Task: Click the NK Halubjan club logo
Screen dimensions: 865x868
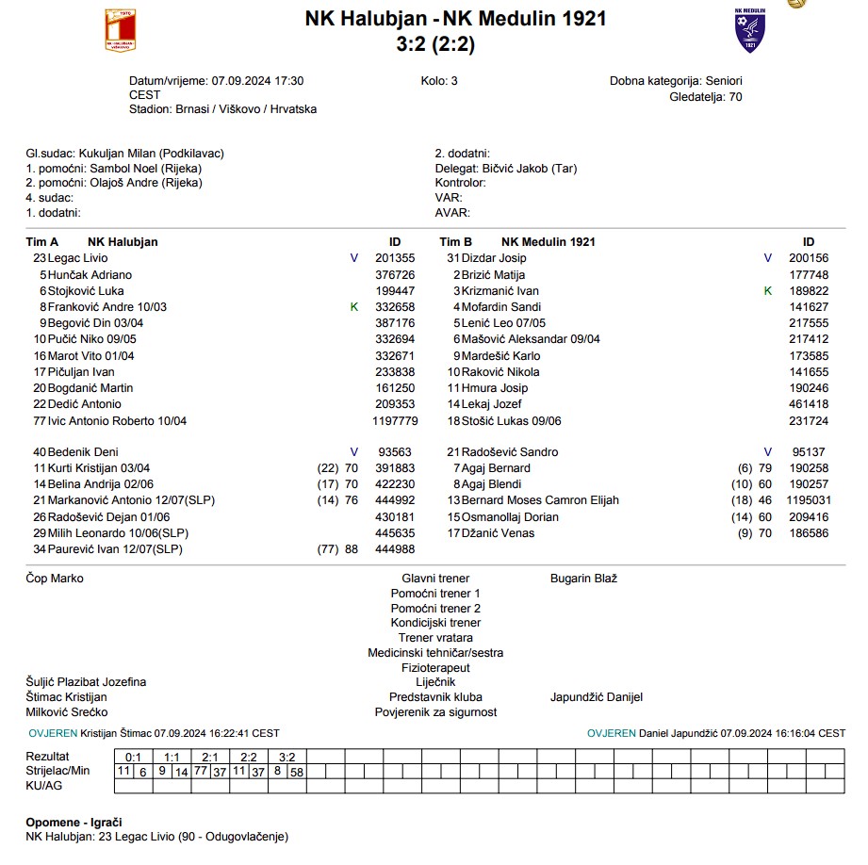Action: coord(120,30)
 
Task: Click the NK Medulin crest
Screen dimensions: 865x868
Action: coord(750,30)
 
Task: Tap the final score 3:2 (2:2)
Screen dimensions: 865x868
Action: coord(455,41)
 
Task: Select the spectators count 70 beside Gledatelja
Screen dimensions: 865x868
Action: coord(735,96)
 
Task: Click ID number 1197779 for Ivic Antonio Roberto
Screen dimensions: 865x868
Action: coord(395,421)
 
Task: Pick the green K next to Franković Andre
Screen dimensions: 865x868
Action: coord(354,307)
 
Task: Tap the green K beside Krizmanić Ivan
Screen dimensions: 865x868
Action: coord(768,291)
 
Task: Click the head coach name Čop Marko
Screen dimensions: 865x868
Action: coord(55,579)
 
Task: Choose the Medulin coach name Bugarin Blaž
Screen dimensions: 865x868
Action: coord(583,579)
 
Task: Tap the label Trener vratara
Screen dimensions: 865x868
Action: coord(435,638)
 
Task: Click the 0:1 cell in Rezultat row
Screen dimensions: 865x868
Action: coord(133,757)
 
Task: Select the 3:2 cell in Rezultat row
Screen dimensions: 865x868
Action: coord(287,757)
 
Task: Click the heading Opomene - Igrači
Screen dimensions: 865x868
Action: coord(74,822)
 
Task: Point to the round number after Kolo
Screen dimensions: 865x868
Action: coord(454,81)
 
